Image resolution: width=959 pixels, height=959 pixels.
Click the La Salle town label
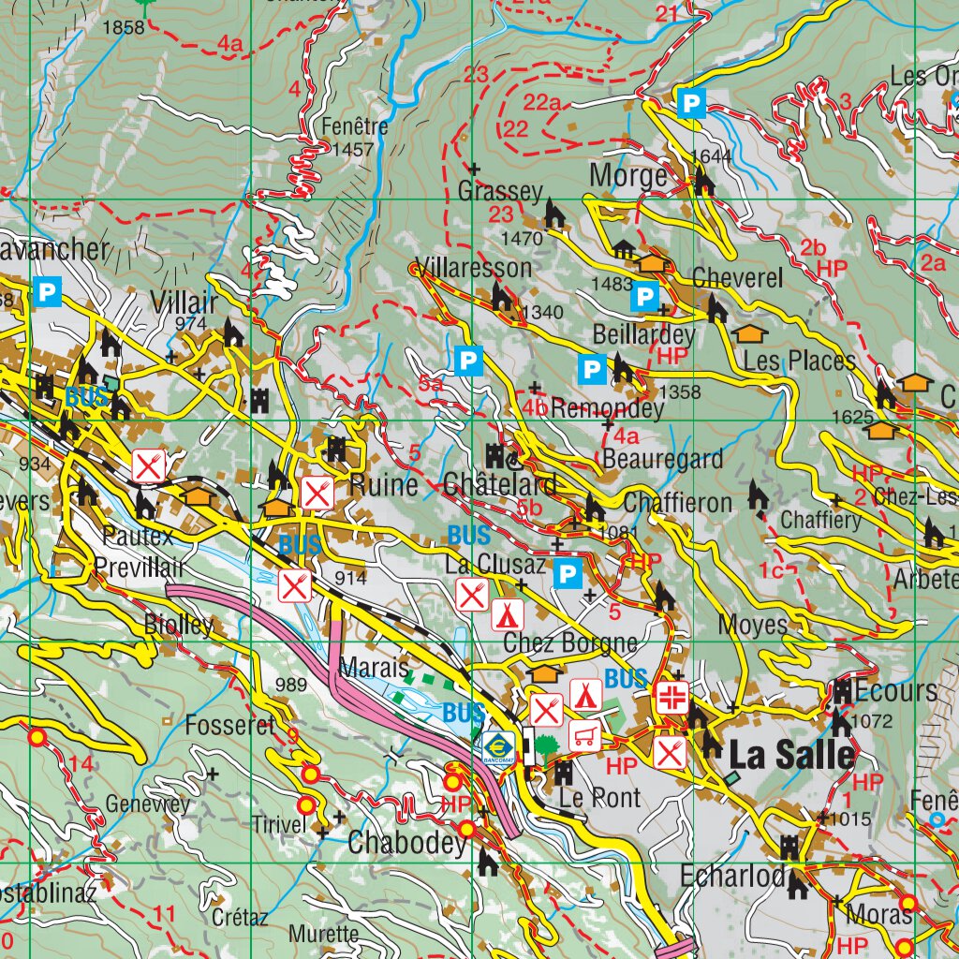(791, 754)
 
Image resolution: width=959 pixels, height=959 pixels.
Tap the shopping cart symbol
(585, 733)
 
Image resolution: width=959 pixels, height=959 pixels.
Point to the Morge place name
(628, 175)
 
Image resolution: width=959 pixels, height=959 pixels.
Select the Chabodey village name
(406, 843)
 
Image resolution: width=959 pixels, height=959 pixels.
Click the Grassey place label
(500, 192)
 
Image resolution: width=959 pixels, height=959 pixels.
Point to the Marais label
(374, 669)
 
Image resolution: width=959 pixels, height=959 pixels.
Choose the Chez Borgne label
(569, 643)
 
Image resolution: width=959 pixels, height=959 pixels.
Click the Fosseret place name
(229, 725)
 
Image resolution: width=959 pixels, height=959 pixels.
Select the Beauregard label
(663, 459)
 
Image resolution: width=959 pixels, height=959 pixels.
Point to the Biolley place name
(179, 626)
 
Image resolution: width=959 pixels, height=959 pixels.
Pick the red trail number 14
(81, 765)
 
